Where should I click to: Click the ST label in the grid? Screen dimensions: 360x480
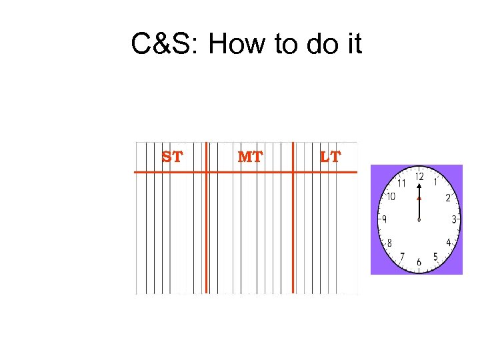[172, 157]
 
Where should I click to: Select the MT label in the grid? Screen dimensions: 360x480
[250, 157]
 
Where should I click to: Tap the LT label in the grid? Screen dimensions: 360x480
[330, 157]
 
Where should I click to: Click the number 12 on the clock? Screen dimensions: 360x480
[419, 177]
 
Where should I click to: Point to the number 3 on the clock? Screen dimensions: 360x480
[455, 219]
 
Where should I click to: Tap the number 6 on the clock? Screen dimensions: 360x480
[419, 263]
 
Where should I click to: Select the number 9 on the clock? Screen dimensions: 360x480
[384, 219]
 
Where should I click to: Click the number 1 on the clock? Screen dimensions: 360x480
[435, 181]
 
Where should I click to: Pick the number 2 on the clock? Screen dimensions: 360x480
[448, 197]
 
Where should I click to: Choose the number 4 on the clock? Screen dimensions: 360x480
[449, 242]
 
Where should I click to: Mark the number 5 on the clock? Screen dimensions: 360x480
[435, 257]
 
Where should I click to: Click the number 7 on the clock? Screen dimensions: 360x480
[401, 257]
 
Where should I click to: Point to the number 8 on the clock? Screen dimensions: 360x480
[389, 243]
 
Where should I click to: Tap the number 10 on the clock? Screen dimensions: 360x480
[391, 197]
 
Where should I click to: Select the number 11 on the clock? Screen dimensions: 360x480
[401, 183]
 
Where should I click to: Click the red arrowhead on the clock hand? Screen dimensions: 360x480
[419, 198]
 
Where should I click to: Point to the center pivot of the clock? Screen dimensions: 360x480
[419, 220]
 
